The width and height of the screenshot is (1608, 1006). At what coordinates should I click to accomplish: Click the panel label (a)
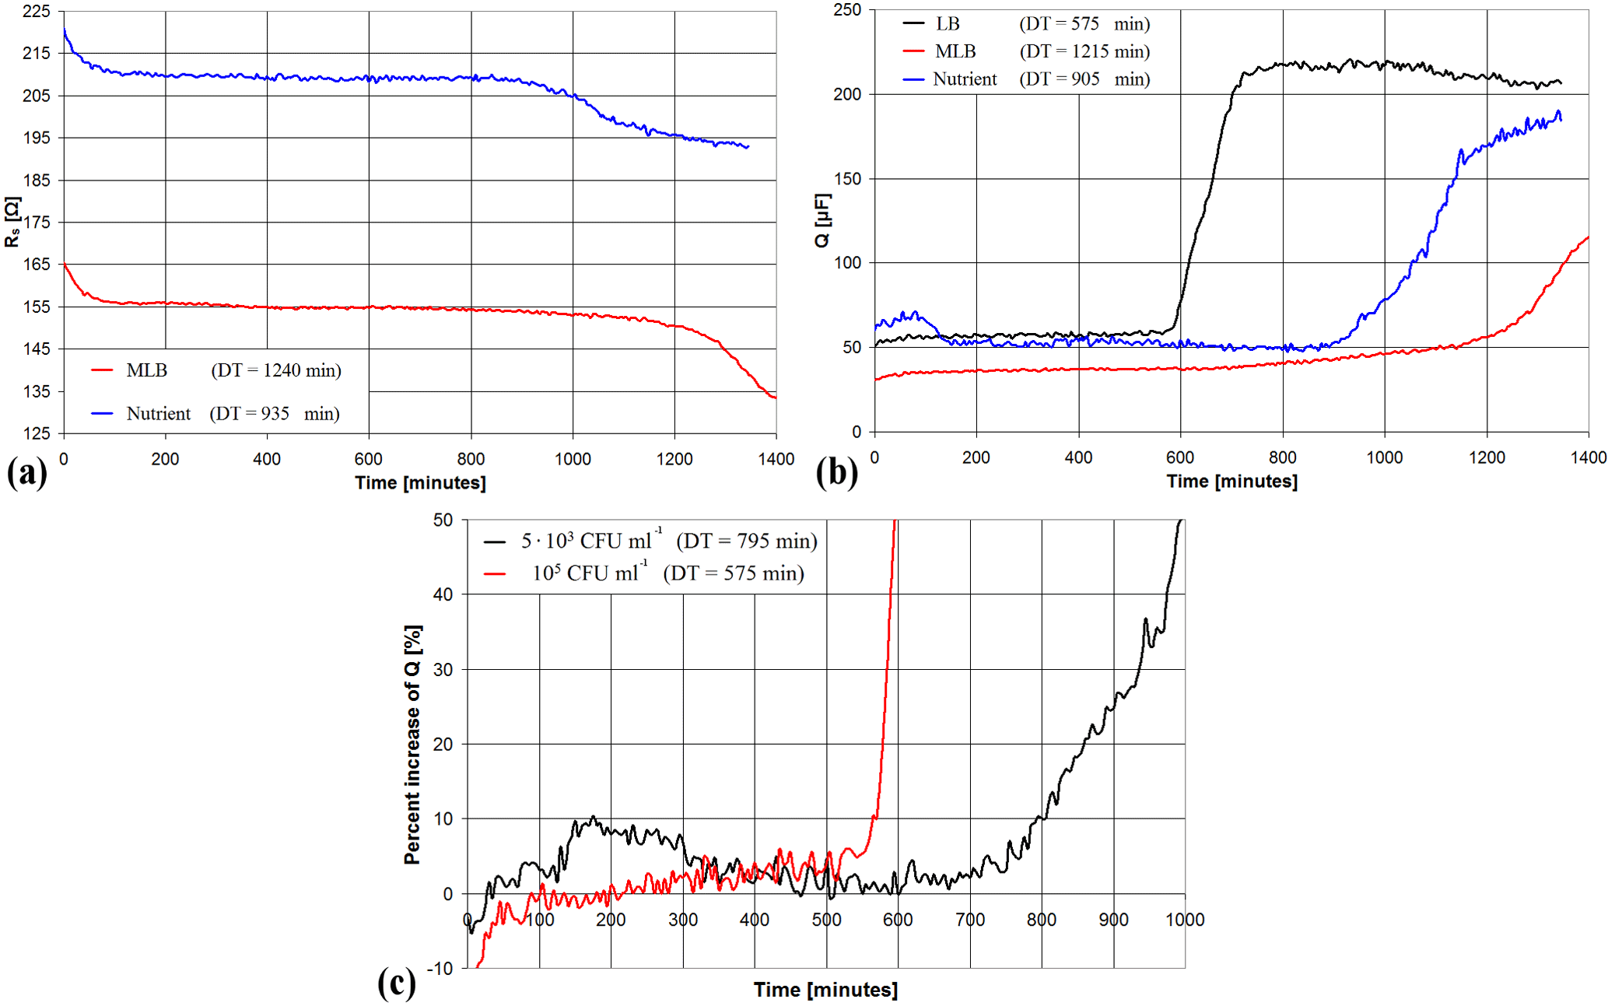[x=26, y=472]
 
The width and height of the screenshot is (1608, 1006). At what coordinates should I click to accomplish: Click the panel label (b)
[x=837, y=472]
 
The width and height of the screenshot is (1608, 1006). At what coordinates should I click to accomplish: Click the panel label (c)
[x=396, y=983]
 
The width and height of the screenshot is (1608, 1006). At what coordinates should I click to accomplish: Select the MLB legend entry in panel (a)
[x=146, y=370]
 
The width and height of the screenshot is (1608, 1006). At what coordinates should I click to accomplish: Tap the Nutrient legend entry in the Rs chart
[x=158, y=413]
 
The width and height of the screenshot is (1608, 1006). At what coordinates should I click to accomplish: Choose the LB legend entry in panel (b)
[x=948, y=24]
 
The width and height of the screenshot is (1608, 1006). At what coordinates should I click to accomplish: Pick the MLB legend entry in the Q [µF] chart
[x=955, y=51]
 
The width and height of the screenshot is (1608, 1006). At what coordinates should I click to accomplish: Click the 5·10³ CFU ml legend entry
[x=591, y=541]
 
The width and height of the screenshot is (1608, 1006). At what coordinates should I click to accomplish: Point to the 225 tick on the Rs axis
[x=37, y=11]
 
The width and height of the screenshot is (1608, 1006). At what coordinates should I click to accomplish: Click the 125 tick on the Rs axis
[x=37, y=433]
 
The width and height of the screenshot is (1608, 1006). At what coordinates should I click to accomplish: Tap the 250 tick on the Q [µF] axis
[x=847, y=10]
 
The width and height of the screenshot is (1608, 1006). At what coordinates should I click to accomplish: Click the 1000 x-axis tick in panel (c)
[x=1184, y=920]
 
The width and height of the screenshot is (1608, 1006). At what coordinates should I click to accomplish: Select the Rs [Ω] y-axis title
[x=12, y=222]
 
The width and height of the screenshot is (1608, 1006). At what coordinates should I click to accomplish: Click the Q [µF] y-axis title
[x=822, y=220]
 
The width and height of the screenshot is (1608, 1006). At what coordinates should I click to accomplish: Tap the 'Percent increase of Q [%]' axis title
[x=412, y=744]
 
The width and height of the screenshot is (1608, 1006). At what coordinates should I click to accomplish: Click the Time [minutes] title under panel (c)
[x=825, y=990]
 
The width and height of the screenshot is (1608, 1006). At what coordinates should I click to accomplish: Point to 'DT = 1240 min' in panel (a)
[x=276, y=370]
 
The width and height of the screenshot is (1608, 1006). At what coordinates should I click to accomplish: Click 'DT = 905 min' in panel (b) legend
[x=1084, y=79]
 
